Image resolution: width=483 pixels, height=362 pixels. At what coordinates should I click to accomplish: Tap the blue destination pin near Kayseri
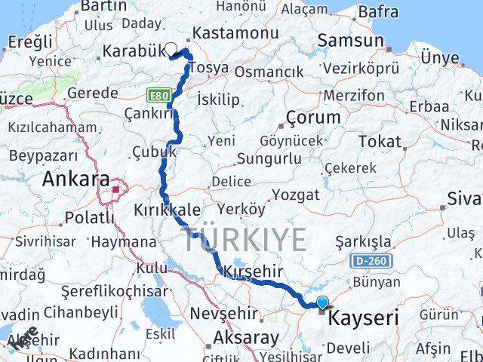(x=323, y=304)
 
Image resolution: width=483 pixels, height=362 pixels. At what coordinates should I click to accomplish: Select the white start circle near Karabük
(x=171, y=50)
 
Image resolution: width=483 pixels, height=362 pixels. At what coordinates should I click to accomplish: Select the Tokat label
(x=380, y=141)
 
